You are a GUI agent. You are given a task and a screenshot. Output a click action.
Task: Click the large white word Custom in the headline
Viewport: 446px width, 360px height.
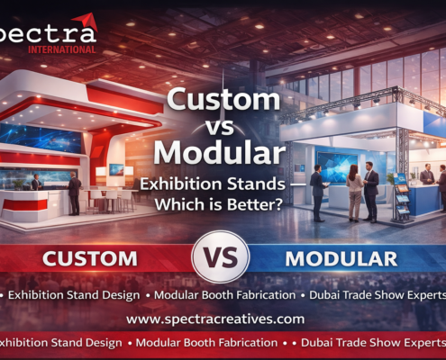click(x=223, y=98)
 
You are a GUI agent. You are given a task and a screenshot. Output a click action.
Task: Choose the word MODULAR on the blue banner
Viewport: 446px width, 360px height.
click(x=341, y=259)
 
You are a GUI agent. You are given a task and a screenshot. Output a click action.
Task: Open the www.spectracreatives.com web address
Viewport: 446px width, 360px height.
click(x=215, y=319)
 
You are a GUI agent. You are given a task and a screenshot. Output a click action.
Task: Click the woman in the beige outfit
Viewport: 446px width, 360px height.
click(x=355, y=190)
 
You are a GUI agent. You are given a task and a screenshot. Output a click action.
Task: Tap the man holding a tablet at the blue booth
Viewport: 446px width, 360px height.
click(x=316, y=189)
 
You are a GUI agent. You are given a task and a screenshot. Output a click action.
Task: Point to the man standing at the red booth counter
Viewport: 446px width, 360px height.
click(x=74, y=191)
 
